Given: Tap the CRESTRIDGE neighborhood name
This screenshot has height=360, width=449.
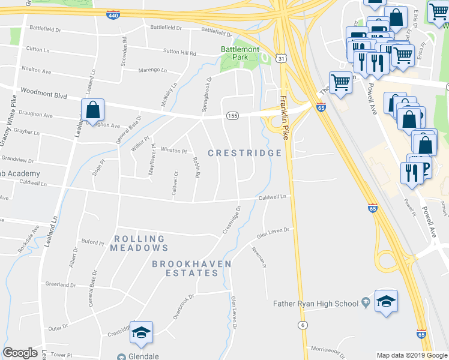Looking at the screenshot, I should [x=245, y=153].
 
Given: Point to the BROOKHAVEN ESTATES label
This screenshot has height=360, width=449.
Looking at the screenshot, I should [x=185, y=268].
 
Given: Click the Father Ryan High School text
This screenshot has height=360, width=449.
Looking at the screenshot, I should [x=316, y=304].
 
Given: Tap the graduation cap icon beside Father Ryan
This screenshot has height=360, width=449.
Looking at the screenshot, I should [x=386, y=302].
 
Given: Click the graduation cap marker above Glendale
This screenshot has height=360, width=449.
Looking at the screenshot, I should [x=141, y=333].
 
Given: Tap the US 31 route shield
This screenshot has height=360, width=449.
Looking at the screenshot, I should [x=282, y=58].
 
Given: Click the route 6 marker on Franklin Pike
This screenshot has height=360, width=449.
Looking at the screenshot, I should [x=303, y=325].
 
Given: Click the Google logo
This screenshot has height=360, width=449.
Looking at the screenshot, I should [x=20, y=353].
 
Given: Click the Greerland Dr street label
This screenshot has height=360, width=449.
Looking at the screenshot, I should [x=61, y=284].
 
